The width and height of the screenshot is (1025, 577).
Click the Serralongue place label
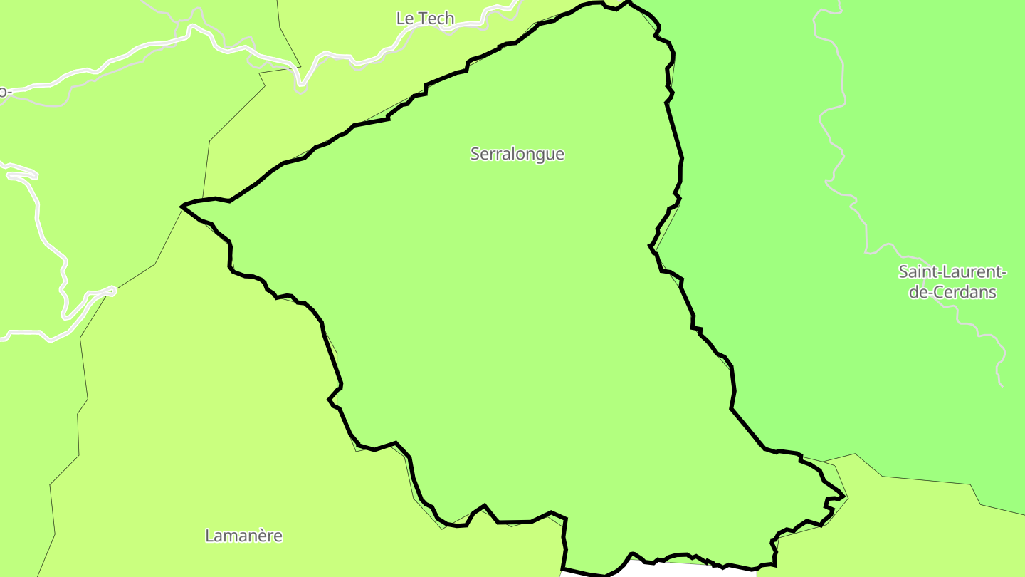(517, 154)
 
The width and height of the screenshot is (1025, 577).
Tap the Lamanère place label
(243, 536)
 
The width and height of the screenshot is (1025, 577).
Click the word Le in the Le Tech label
(405, 19)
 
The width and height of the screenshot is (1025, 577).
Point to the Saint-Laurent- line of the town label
(952, 271)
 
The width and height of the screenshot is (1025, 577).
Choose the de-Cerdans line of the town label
(952, 292)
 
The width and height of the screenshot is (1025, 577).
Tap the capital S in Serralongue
(475, 154)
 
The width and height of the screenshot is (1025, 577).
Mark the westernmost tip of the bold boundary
(183, 207)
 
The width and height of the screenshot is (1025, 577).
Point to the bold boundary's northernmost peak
(629, 2)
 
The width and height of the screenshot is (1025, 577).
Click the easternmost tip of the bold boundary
(844, 497)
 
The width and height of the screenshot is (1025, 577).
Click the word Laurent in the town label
(972, 271)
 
